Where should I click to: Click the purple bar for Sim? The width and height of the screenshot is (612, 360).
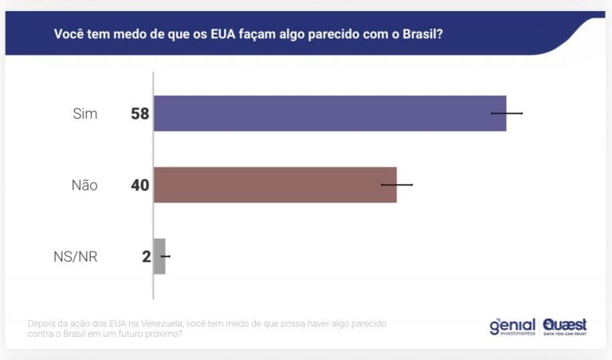[x=329, y=113]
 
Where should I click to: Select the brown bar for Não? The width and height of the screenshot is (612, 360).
[x=274, y=185]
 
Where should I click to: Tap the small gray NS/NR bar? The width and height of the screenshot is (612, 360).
[x=159, y=256]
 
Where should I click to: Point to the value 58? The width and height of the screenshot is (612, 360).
[x=140, y=114]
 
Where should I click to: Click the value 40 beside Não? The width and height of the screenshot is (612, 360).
[x=140, y=186]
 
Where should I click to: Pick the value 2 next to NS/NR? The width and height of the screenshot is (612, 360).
[x=146, y=257]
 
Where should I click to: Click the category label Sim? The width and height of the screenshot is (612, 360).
[x=84, y=114]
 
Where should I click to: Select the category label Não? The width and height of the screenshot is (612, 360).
[x=84, y=186]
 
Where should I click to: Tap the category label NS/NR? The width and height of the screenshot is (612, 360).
[x=74, y=257]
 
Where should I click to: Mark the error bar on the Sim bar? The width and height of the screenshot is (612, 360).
[x=507, y=113]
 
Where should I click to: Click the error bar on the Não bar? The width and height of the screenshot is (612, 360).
[x=397, y=185]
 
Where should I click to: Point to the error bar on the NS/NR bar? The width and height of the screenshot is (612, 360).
[x=165, y=256]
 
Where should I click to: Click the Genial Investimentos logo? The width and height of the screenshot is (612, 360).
[x=512, y=327]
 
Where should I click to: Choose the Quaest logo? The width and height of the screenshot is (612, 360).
[x=564, y=327]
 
